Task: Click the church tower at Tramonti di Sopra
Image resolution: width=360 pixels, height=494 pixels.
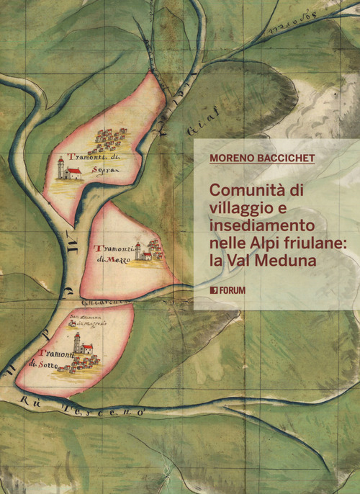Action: coord(61,169)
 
